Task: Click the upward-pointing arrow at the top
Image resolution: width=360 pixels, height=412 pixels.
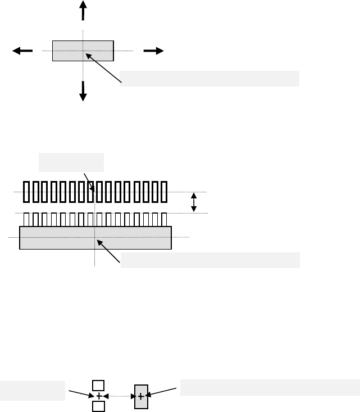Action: [x=83, y=11]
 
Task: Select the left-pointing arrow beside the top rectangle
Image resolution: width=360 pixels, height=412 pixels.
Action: [x=23, y=51]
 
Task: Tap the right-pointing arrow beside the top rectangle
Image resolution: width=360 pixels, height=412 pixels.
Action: [x=153, y=51]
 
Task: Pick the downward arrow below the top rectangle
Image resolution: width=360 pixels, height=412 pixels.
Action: [x=83, y=90]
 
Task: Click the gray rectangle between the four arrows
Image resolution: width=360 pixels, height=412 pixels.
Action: [x=83, y=51]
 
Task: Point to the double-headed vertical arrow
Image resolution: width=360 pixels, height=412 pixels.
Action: [x=194, y=202]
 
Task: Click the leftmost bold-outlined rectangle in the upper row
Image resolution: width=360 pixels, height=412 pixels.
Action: [x=26, y=192]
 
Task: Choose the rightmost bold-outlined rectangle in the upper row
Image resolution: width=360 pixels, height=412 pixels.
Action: [x=163, y=192]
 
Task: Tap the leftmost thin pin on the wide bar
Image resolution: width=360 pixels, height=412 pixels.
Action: [x=26, y=219]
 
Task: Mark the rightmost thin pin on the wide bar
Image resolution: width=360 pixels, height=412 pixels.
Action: [x=165, y=219]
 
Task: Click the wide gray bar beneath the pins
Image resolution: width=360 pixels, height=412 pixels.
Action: [x=95, y=237]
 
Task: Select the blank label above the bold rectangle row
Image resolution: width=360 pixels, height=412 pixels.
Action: [x=71, y=162]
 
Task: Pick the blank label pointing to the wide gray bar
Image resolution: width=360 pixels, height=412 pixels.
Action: [x=210, y=260]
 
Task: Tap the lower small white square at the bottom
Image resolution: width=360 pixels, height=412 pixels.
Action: [x=98, y=406]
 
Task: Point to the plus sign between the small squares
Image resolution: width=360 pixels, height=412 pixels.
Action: [x=99, y=396]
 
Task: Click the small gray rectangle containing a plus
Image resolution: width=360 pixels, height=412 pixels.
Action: [x=140, y=397]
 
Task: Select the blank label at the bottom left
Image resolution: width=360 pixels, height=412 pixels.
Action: [x=32, y=391]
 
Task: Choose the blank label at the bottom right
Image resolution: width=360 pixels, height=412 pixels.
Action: [x=270, y=388]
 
